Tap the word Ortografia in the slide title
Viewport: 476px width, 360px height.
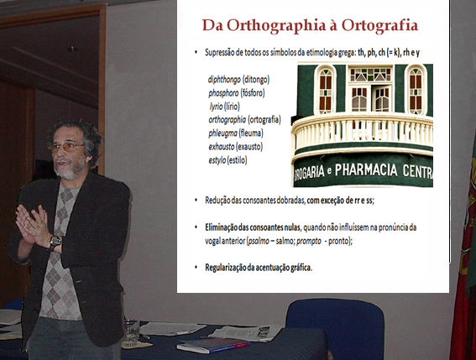(x=379, y=25)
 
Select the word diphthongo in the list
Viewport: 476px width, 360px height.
(x=224, y=80)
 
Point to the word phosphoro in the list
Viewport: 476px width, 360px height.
(x=223, y=93)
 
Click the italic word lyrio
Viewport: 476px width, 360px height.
(x=216, y=107)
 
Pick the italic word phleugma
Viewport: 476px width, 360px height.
(x=222, y=133)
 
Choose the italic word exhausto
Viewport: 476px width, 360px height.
(x=222, y=147)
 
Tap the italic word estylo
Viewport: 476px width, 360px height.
(x=217, y=160)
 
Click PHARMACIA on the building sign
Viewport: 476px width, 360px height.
(x=366, y=170)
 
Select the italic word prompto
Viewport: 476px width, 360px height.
(x=309, y=242)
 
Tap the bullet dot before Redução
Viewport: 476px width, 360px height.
(x=196, y=201)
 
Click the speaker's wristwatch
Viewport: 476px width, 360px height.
(x=55, y=243)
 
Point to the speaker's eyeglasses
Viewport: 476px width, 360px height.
(x=66, y=147)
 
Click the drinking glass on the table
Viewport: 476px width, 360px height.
(x=132, y=333)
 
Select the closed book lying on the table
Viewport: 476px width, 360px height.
(x=212, y=345)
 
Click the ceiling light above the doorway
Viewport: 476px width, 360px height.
(x=72, y=49)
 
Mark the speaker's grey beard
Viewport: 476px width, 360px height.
(x=67, y=171)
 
